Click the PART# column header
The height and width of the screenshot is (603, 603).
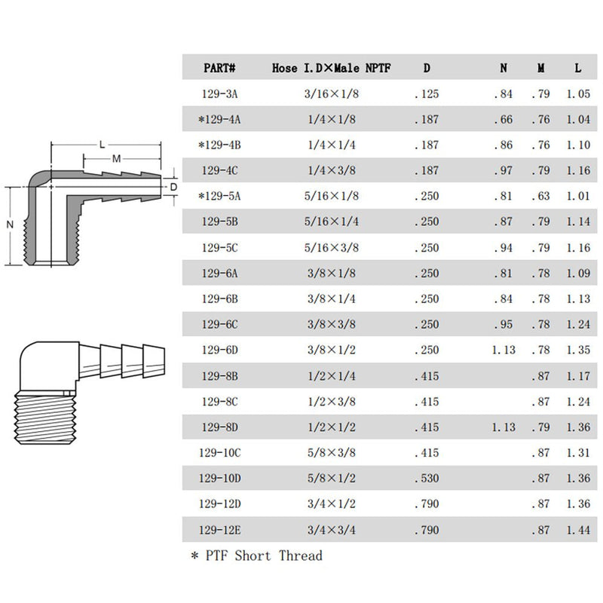219,68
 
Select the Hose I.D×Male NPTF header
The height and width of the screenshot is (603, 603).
331,68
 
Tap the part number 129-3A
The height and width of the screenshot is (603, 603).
219,93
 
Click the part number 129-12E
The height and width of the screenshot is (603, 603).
219,530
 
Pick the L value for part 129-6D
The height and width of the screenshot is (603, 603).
578,350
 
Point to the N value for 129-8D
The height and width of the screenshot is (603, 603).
504,427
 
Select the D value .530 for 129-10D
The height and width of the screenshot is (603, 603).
427,479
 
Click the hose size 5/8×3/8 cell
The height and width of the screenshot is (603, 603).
331,453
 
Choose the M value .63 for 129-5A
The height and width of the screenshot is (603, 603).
540,196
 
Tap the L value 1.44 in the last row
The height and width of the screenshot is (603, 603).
578,530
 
